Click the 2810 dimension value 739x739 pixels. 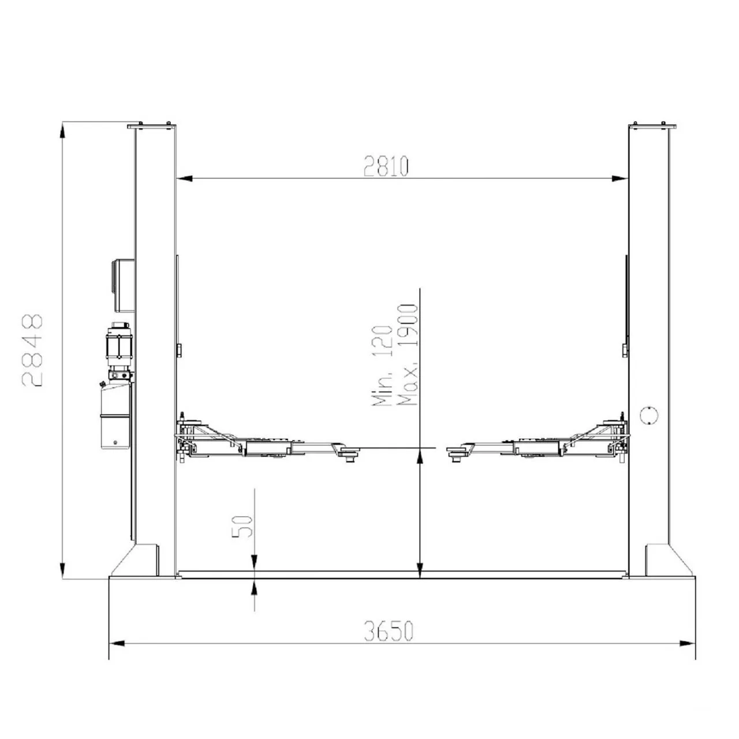click(386, 166)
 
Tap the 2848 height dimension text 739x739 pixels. click(32, 350)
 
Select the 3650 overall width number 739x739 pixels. click(389, 631)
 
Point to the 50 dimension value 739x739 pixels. click(242, 526)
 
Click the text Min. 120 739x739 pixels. click(382, 365)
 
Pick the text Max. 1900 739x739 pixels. click(407, 354)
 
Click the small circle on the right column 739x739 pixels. click(649, 415)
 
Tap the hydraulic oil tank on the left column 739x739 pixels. click(115, 416)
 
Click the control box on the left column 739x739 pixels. click(123, 285)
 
